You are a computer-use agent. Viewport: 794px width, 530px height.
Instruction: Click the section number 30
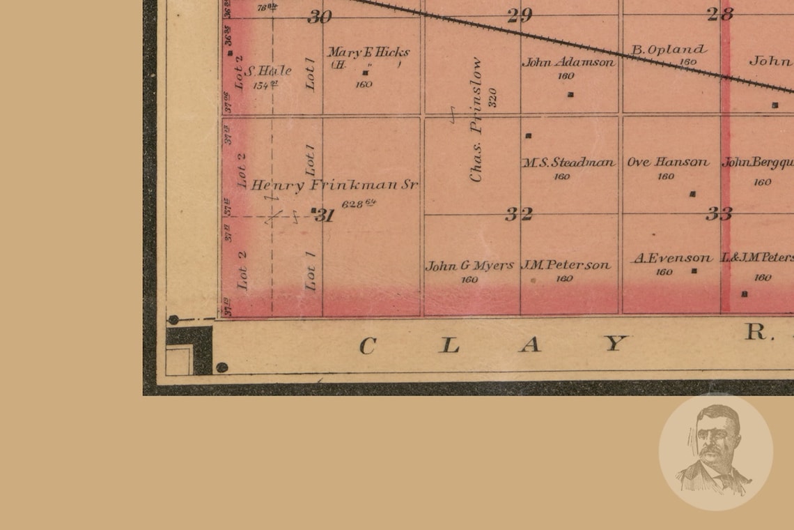pyautogui.click(x=320, y=17)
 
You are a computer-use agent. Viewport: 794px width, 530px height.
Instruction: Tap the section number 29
pyautogui.click(x=520, y=15)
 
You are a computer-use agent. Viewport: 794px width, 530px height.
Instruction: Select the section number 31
pyautogui.click(x=325, y=215)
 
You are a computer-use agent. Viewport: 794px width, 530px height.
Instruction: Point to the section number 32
pyautogui.click(x=519, y=214)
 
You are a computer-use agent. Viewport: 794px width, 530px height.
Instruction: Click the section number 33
pyautogui.click(x=718, y=214)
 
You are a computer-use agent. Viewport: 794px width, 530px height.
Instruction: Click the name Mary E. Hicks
pyautogui.click(x=368, y=52)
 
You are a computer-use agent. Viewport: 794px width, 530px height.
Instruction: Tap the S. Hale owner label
pyautogui.click(x=269, y=71)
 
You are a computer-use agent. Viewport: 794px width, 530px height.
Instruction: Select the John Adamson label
pyautogui.click(x=568, y=62)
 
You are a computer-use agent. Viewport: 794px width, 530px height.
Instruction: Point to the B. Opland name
pyautogui.click(x=668, y=50)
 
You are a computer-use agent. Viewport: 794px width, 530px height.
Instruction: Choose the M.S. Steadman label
pyautogui.click(x=569, y=162)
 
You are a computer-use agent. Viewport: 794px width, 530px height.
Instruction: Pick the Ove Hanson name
pyautogui.click(x=667, y=162)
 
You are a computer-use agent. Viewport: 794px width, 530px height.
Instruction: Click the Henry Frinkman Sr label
pyautogui.click(x=334, y=185)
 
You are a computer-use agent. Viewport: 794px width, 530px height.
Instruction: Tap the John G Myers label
pyautogui.click(x=469, y=266)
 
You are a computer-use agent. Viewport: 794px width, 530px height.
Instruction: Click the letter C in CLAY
pyautogui.click(x=368, y=345)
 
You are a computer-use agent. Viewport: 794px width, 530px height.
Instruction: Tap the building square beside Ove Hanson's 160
pyautogui.click(x=692, y=194)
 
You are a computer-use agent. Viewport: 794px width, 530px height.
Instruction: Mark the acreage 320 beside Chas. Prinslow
pyautogui.click(x=492, y=97)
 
